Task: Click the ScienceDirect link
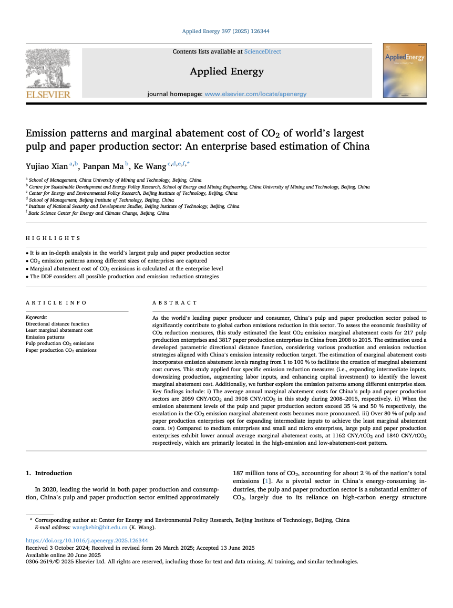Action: (x=263, y=51)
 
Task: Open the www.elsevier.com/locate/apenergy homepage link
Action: (x=255, y=94)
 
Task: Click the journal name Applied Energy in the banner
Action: (x=227, y=71)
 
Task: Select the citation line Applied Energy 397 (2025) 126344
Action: (x=226, y=32)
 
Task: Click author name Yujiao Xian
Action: (x=47, y=167)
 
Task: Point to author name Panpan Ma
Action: (x=103, y=167)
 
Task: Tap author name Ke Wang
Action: (x=149, y=167)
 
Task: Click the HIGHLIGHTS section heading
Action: (x=53, y=238)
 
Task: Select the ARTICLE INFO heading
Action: (x=56, y=303)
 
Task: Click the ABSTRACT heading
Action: (x=174, y=303)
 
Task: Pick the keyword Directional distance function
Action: (x=57, y=324)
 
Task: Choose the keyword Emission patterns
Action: (x=45, y=337)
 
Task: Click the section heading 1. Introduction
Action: (x=49, y=473)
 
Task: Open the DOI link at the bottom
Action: (x=87, y=540)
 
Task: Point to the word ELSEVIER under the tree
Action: (x=48, y=95)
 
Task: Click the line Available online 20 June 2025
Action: (x=63, y=555)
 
